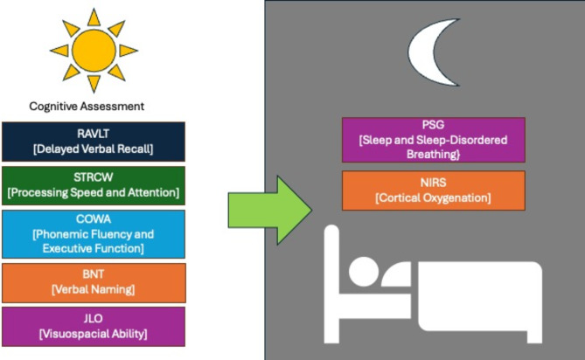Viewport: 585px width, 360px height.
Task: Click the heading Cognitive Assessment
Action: point(87,107)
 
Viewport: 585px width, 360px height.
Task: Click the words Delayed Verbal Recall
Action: point(94,148)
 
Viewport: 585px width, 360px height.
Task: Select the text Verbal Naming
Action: point(94,289)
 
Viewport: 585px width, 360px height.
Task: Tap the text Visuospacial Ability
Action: point(94,334)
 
